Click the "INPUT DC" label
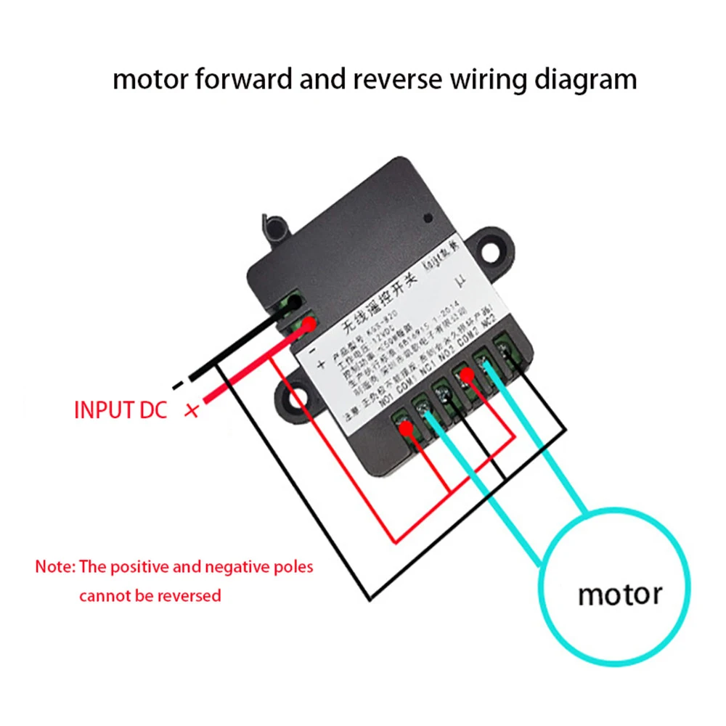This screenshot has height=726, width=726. [121, 409]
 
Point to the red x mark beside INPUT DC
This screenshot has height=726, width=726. [192, 412]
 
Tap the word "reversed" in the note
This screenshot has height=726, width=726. [187, 596]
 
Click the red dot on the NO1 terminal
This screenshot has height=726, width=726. [407, 430]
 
